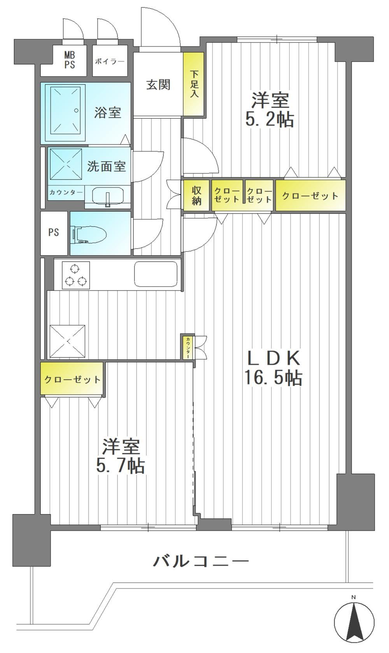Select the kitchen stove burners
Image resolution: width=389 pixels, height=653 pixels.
(x=76, y=275)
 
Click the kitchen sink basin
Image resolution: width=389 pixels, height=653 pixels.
(x=156, y=274)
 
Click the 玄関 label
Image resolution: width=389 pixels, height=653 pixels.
(x=158, y=85)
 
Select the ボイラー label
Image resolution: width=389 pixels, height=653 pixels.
(x=110, y=62)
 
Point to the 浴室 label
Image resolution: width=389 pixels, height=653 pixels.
(x=108, y=113)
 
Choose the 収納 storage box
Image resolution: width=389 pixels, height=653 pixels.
(x=196, y=195)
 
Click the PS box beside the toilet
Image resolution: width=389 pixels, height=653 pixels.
(x=54, y=233)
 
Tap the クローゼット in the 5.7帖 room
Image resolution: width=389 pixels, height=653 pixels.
(x=72, y=379)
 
